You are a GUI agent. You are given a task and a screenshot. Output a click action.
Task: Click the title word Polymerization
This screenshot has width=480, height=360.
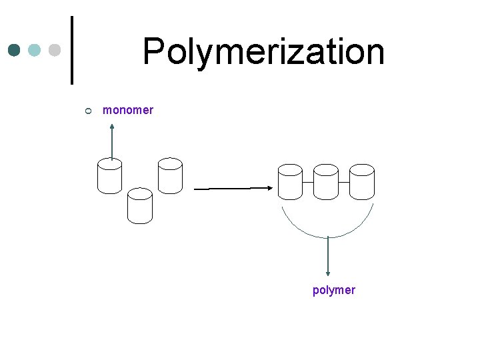coord(263,52)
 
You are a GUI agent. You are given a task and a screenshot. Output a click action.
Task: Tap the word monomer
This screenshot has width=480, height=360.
coord(128,110)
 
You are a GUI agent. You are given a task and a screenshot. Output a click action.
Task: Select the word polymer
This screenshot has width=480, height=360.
coord(333,290)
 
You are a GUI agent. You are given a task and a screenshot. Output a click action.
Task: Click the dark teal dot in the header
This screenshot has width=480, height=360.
coord(15,50)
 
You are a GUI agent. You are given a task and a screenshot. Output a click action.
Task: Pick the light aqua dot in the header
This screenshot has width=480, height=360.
coord(35,50)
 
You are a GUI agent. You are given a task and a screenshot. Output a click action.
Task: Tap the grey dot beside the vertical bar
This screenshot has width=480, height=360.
coord(55,50)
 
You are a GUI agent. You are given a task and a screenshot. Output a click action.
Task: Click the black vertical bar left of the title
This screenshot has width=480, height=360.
coord(71,50)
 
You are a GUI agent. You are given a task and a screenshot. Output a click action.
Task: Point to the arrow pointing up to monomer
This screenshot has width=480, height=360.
coord(112,140)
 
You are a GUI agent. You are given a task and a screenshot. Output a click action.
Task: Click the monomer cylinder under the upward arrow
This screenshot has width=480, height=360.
coord(109,176)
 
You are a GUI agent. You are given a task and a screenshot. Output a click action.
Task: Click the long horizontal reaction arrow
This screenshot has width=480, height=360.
coord(232,189)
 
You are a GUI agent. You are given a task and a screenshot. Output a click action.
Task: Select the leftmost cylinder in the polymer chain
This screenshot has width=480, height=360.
coord(290,181)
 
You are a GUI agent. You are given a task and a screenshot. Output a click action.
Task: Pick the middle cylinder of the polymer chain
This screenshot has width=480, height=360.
coord(326,181)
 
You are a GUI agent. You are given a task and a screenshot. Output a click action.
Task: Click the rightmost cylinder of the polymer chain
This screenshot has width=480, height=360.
coord(362,181)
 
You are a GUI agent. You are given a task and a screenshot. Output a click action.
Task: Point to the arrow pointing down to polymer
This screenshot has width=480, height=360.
coord(327,257)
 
